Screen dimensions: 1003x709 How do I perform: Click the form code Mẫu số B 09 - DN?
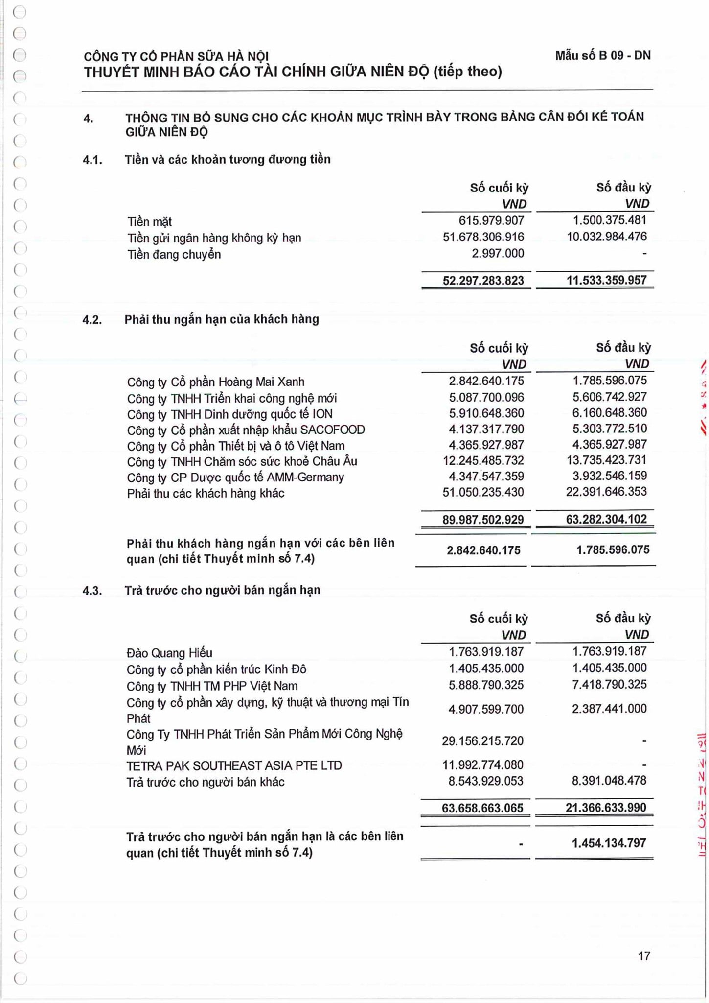click(x=602, y=55)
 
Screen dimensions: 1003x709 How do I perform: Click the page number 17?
click(x=644, y=955)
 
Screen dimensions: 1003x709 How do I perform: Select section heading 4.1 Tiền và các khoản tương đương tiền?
click(x=228, y=159)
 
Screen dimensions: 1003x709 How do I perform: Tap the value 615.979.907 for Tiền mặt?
click(x=491, y=221)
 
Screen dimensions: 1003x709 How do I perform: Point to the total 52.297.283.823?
click(x=483, y=281)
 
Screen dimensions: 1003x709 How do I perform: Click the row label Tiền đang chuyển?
click(x=174, y=254)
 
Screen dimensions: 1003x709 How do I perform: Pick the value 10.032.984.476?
click(x=606, y=237)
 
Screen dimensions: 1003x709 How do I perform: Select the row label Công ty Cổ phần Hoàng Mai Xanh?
click(x=215, y=382)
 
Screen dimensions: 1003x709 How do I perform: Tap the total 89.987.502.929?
click(x=483, y=520)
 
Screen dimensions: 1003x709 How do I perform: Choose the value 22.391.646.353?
click(x=606, y=492)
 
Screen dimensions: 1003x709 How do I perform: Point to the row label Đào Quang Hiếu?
click(x=169, y=653)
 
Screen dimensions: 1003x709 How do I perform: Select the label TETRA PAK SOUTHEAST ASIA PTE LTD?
click(x=234, y=765)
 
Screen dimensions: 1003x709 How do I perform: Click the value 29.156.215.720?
click(x=482, y=741)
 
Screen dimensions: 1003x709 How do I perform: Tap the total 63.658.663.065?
click(x=482, y=808)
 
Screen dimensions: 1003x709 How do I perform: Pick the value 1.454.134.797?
click(x=609, y=843)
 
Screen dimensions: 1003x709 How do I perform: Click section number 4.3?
click(x=92, y=590)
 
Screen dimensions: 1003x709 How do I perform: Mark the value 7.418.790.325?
click(x=609, y=685)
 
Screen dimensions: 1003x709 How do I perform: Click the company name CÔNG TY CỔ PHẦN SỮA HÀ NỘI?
click(x=176, y=57)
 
